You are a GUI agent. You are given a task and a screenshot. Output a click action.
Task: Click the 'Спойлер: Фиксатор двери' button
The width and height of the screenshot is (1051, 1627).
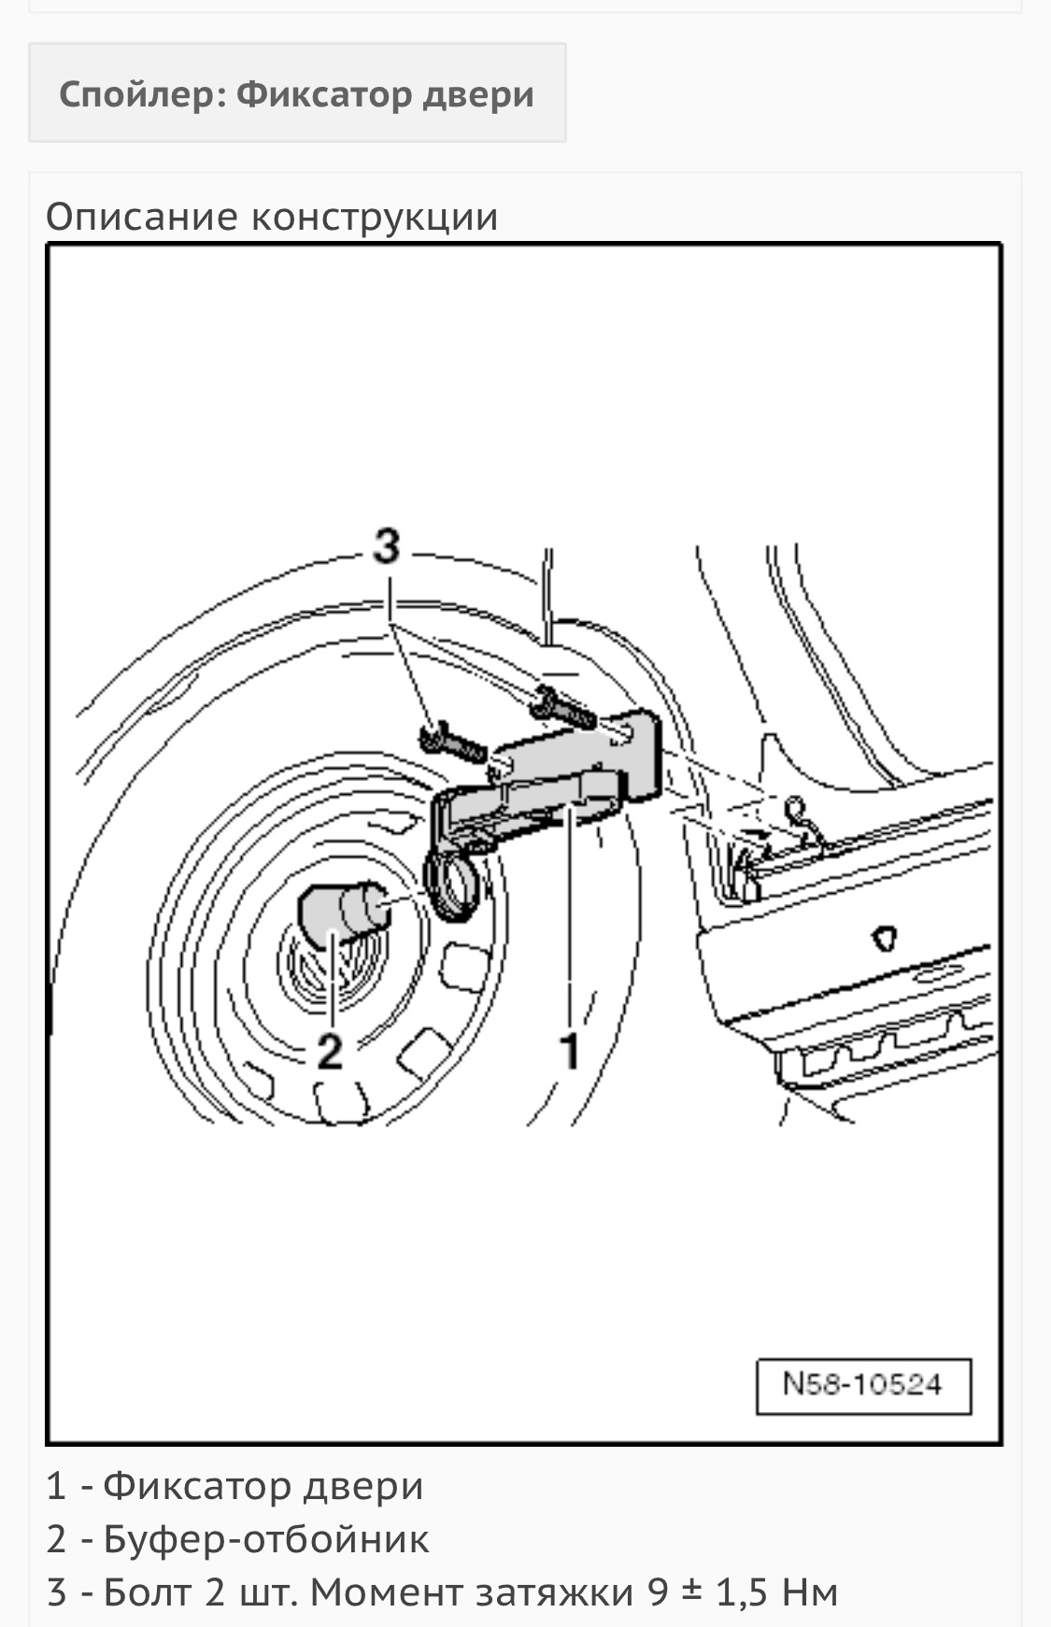click(x=296, y=93)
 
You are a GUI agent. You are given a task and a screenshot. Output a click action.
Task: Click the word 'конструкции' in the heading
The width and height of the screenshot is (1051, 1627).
click(x=375, y=217)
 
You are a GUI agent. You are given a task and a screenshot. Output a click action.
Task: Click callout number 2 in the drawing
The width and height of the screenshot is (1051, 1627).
click(x=330, y=1051)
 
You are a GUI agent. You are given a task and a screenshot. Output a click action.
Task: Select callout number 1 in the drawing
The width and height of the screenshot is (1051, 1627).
click(x=569, y=1050)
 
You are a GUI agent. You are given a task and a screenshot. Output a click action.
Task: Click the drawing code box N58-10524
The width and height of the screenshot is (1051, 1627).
click(x=862, y=1385)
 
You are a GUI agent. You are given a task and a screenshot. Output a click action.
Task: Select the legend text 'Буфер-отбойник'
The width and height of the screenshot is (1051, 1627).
click(x=266, y=1538)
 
